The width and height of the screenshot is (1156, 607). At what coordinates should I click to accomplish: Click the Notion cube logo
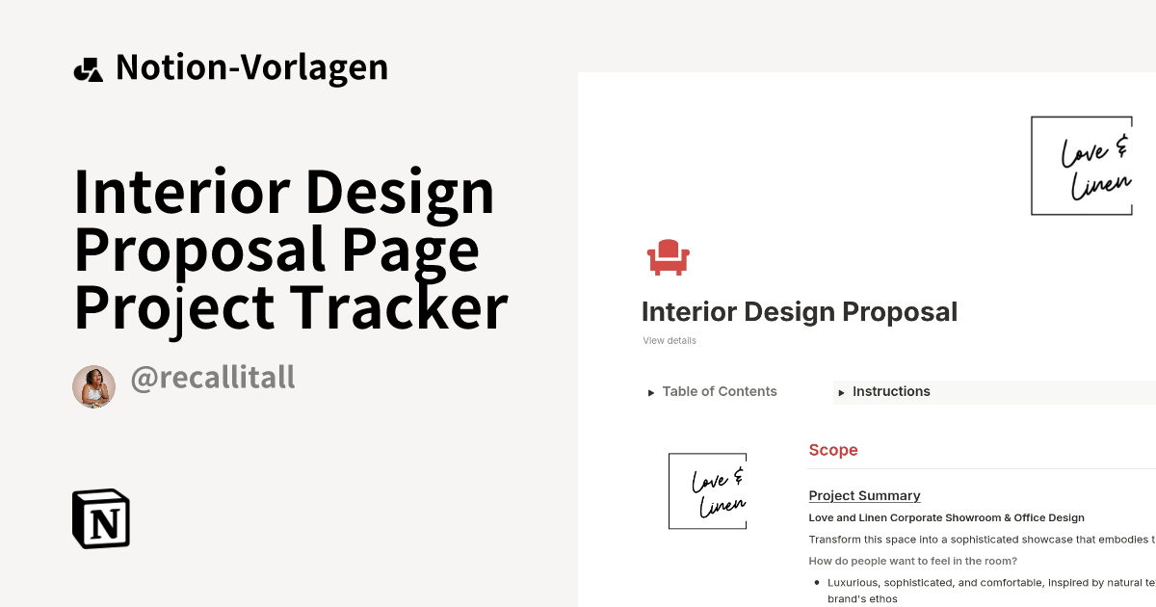click(x=101, y=518)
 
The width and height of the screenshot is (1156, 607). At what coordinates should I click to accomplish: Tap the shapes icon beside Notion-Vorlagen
click(x=88, y=68)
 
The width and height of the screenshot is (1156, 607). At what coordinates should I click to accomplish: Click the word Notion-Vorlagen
click(x=251, y=67)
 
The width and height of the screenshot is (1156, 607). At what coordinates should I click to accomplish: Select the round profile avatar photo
click(x=93, y=386)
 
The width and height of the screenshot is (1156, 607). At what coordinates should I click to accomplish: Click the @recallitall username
click(x=212, y=378)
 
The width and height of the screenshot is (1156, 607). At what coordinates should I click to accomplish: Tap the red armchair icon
click(x=668, y=257)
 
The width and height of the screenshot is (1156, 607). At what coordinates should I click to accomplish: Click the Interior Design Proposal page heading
click(x=800, y=312)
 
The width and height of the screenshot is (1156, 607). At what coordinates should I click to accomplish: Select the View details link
click(x=670, y=341)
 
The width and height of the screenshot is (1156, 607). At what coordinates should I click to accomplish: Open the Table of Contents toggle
click(x=719, y=392)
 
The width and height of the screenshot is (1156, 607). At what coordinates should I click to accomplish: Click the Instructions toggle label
click(x=891, y=392)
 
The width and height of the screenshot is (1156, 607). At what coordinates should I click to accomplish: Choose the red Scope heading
click(x=833, y=450)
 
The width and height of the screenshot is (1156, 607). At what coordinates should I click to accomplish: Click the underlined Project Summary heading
click(x=864, y=496)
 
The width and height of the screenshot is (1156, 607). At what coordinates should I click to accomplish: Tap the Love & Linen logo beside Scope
click(x=708, y=491)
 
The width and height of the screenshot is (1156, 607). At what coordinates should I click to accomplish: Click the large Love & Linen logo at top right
click(x=1082, y=166)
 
